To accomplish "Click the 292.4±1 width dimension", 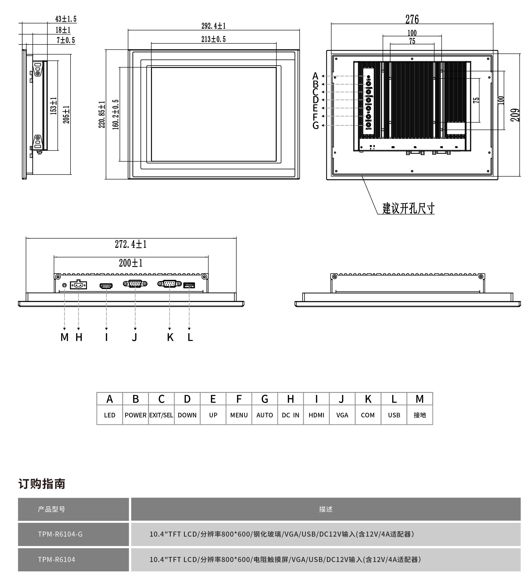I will [x=213, y=26].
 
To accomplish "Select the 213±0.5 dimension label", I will [x=213, y=39].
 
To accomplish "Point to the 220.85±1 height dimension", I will [x=102, y=114].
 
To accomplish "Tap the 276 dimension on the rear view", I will [x=412, y=19].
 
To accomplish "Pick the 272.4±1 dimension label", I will [x=131, y=244].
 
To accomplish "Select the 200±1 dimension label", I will [x=131, y=263].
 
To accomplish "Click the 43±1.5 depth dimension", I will [x=66, y=19].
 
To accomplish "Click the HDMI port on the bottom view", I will [x=106, y=286].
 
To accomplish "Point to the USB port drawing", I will [x=189, y=285].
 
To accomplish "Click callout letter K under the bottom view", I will [x=170, y=338].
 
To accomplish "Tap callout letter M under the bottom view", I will [x=65, y=338].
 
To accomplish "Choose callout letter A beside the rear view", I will [x=315, y=76].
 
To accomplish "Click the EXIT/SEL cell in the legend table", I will [x=161, y=415].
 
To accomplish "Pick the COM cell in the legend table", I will [x=368, y=415].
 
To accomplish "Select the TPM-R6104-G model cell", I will [x=60, y=534].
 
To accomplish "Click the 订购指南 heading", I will [x=42, y=484].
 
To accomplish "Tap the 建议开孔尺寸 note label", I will [x=408, y=208].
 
